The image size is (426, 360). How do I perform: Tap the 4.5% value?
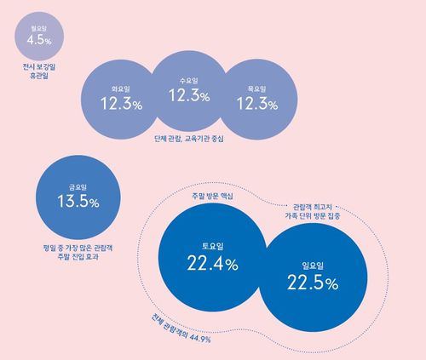[38, 40]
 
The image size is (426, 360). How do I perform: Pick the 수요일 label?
[189, 80]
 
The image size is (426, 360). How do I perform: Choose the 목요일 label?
[257, 89]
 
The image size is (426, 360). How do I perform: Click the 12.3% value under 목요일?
[257, 104]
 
